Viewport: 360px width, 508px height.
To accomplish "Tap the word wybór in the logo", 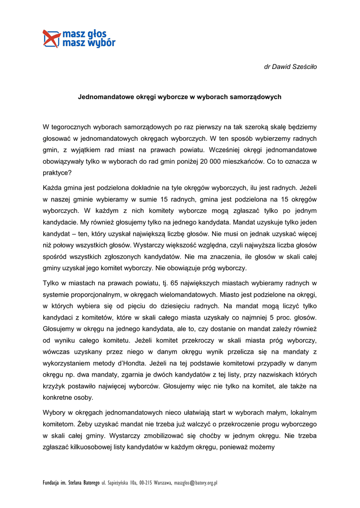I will pos(102,43).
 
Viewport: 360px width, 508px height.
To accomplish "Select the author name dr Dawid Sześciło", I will pos(290,66).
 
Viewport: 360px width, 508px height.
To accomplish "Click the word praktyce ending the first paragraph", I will pos(57,173).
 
